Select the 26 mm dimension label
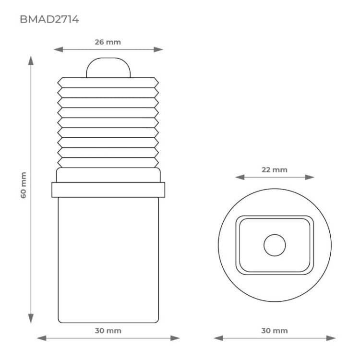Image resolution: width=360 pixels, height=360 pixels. coord(108,42)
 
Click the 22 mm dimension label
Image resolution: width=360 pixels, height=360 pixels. coord(275,170)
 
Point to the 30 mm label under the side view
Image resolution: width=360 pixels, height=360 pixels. coord(108,330)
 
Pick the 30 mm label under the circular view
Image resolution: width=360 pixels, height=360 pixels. coord(275,330)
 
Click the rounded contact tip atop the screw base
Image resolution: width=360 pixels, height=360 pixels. coord(108,68)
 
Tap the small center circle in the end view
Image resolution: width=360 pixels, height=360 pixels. coord(275,245)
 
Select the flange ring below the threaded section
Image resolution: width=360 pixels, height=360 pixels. coord(108,190)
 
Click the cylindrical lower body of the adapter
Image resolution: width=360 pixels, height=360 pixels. coord(108,259)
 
